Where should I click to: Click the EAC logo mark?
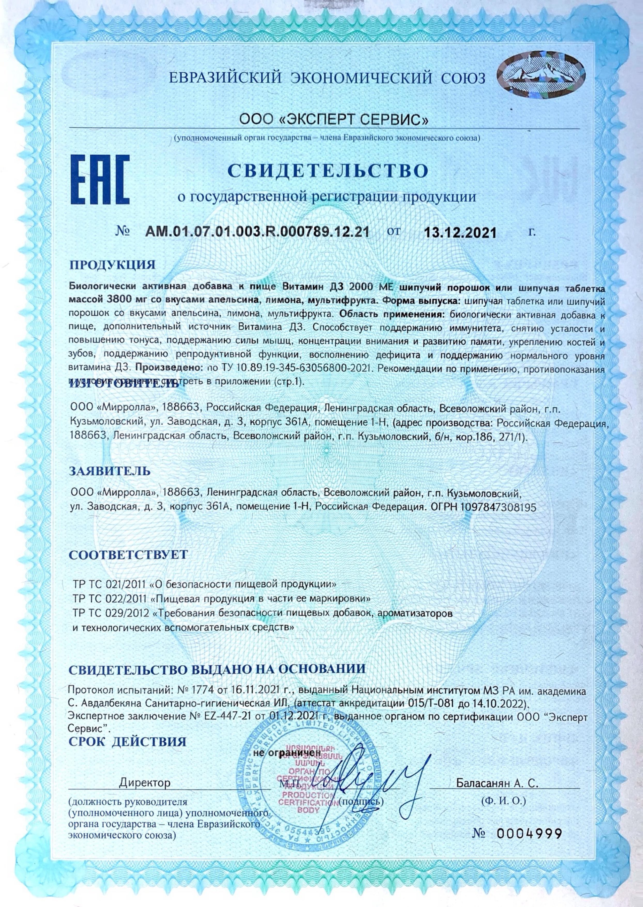100,182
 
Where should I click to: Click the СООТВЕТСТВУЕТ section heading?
128,554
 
